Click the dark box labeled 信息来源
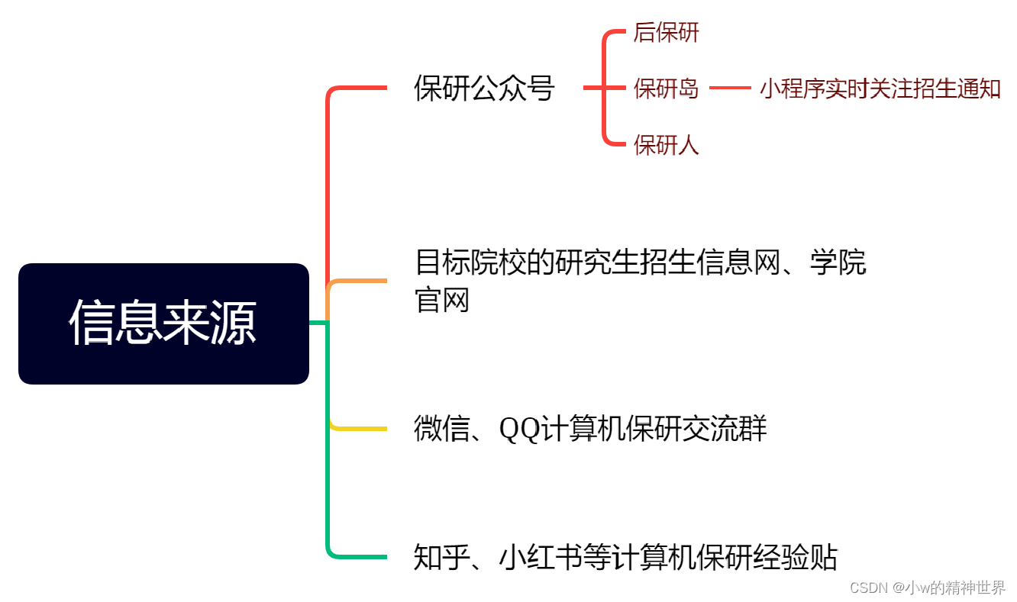click(x=163, y=324)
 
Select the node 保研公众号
click(x=484, y=89)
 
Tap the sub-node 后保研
click(x=666, y=33)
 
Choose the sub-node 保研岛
click(x=666, y=89)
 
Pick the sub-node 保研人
click(x=666, y=144)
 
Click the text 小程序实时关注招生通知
click(x=880, y=89)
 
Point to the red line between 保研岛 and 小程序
click(x=730, y=89)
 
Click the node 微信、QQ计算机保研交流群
click(x=589, y=429)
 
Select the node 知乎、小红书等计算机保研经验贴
click(x=625, y=557)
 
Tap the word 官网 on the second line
click(x=441, y=301)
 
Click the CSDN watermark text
click(x=927, y=588)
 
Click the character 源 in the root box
click(x=234, y=324)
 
